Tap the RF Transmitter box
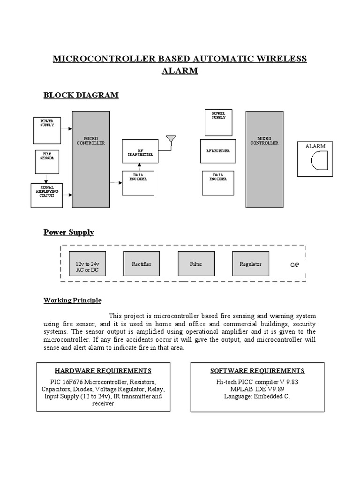139,151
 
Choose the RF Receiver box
217,151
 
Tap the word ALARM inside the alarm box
315,146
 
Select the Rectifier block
142,264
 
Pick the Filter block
196,264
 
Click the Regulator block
250,264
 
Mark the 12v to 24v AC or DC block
88,267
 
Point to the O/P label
294,265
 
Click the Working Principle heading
72,300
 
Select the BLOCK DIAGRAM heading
81,95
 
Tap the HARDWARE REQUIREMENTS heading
103,371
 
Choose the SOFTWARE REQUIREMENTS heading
257,371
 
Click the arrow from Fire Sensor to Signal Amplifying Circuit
46,178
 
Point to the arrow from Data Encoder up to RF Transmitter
139,166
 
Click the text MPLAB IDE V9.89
257,389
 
